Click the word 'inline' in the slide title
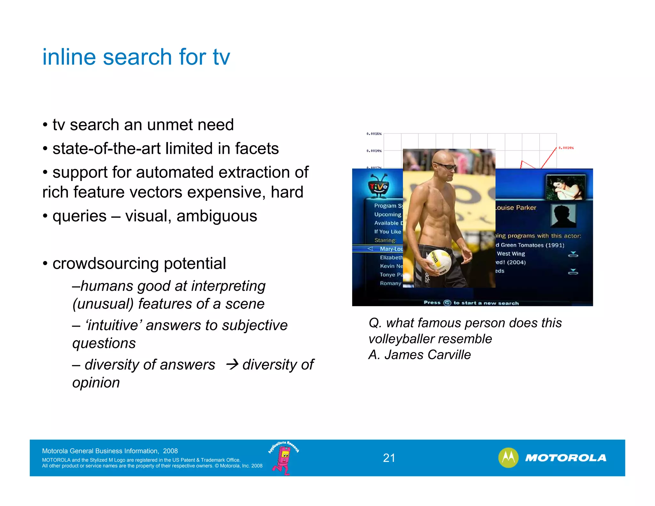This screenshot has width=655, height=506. tap(69, 57)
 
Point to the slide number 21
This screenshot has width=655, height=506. tap(389, 458)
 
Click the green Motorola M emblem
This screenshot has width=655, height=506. tap(508, 458)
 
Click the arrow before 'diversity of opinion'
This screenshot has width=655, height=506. tap(232, 364)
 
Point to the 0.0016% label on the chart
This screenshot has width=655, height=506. tap(374, 134)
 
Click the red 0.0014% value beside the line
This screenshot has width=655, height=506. tap(566, 148)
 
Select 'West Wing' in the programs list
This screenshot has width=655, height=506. tap(511, 254)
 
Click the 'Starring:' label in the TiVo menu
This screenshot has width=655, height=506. tap(385, 240)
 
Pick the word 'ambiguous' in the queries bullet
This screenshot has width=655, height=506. tap(217, 216)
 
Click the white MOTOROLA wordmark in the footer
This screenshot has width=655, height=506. tap(565, 458)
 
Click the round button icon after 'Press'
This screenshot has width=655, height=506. tap(447, 303)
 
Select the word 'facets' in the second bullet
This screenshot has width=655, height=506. tap(257, 148)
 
